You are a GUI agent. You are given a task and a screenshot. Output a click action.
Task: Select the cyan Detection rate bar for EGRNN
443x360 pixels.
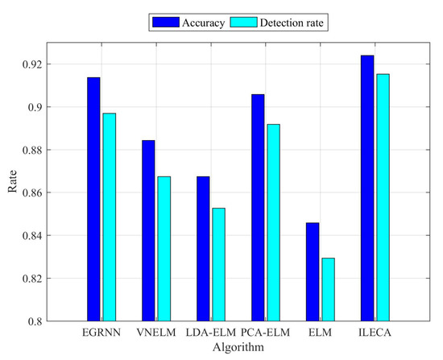(109, 217)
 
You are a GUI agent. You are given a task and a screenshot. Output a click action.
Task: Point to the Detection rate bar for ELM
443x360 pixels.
(328, 290)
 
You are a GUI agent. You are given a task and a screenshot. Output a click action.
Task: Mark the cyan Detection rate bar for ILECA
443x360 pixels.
(383, 197)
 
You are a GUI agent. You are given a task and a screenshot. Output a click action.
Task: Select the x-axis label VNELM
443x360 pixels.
(155, 332)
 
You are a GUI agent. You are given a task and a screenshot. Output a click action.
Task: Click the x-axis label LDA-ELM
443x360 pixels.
(210, 332)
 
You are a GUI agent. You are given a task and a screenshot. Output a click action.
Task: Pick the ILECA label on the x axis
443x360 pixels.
(375, 332)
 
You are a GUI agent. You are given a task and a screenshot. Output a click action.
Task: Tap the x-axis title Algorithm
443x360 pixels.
(238, 346)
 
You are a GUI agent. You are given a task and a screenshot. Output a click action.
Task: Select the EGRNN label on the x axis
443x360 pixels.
(101, 332)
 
